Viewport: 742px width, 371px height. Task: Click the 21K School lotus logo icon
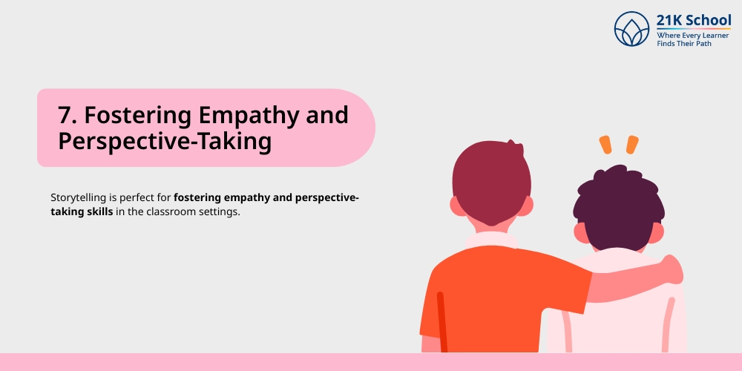(631, 28)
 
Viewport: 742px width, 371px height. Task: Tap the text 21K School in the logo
(694, 20)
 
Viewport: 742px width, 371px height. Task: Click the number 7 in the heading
(65, 116)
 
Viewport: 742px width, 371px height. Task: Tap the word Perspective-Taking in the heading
(164, 141)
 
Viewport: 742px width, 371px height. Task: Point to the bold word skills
(97, 211)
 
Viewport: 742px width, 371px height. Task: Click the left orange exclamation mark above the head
(605, 145)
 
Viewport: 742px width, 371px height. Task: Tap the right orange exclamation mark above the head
(631, 144)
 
